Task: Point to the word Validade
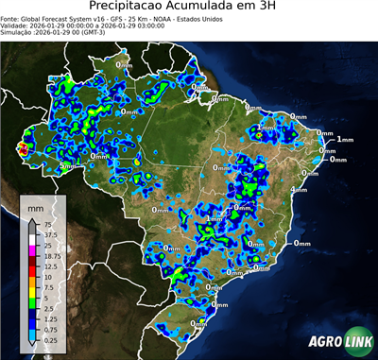pos(16,26)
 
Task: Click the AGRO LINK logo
pos(337,342)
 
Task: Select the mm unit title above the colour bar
pos(35,204)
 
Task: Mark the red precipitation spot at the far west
pos(25,147)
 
